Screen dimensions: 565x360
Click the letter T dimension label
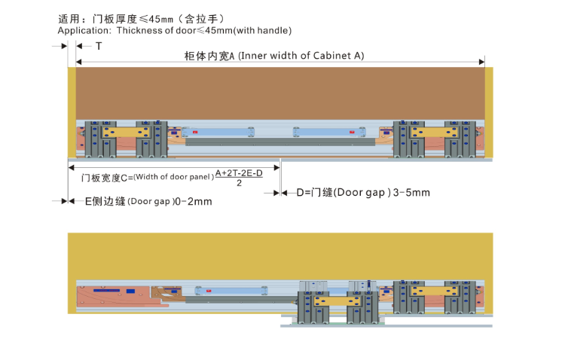99,46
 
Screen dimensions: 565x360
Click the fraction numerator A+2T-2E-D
239,173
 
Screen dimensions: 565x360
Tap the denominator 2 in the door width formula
240,183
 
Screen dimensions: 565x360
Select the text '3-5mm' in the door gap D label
411,193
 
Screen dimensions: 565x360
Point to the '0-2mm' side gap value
194,201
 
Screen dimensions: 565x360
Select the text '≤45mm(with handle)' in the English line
244,31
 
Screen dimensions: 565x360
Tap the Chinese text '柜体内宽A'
209,56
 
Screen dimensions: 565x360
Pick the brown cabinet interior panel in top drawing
280,93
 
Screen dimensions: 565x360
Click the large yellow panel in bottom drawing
280,256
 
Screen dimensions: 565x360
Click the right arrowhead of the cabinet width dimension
482,62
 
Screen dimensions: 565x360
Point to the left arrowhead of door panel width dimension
71,167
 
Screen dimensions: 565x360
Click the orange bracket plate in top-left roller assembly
126,133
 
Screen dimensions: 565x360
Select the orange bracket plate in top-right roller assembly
434,133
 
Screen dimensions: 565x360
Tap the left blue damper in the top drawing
218,133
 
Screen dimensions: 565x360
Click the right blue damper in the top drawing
329,133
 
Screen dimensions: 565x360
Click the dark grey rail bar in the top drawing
280,142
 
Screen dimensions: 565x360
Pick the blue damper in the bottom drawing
231,291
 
